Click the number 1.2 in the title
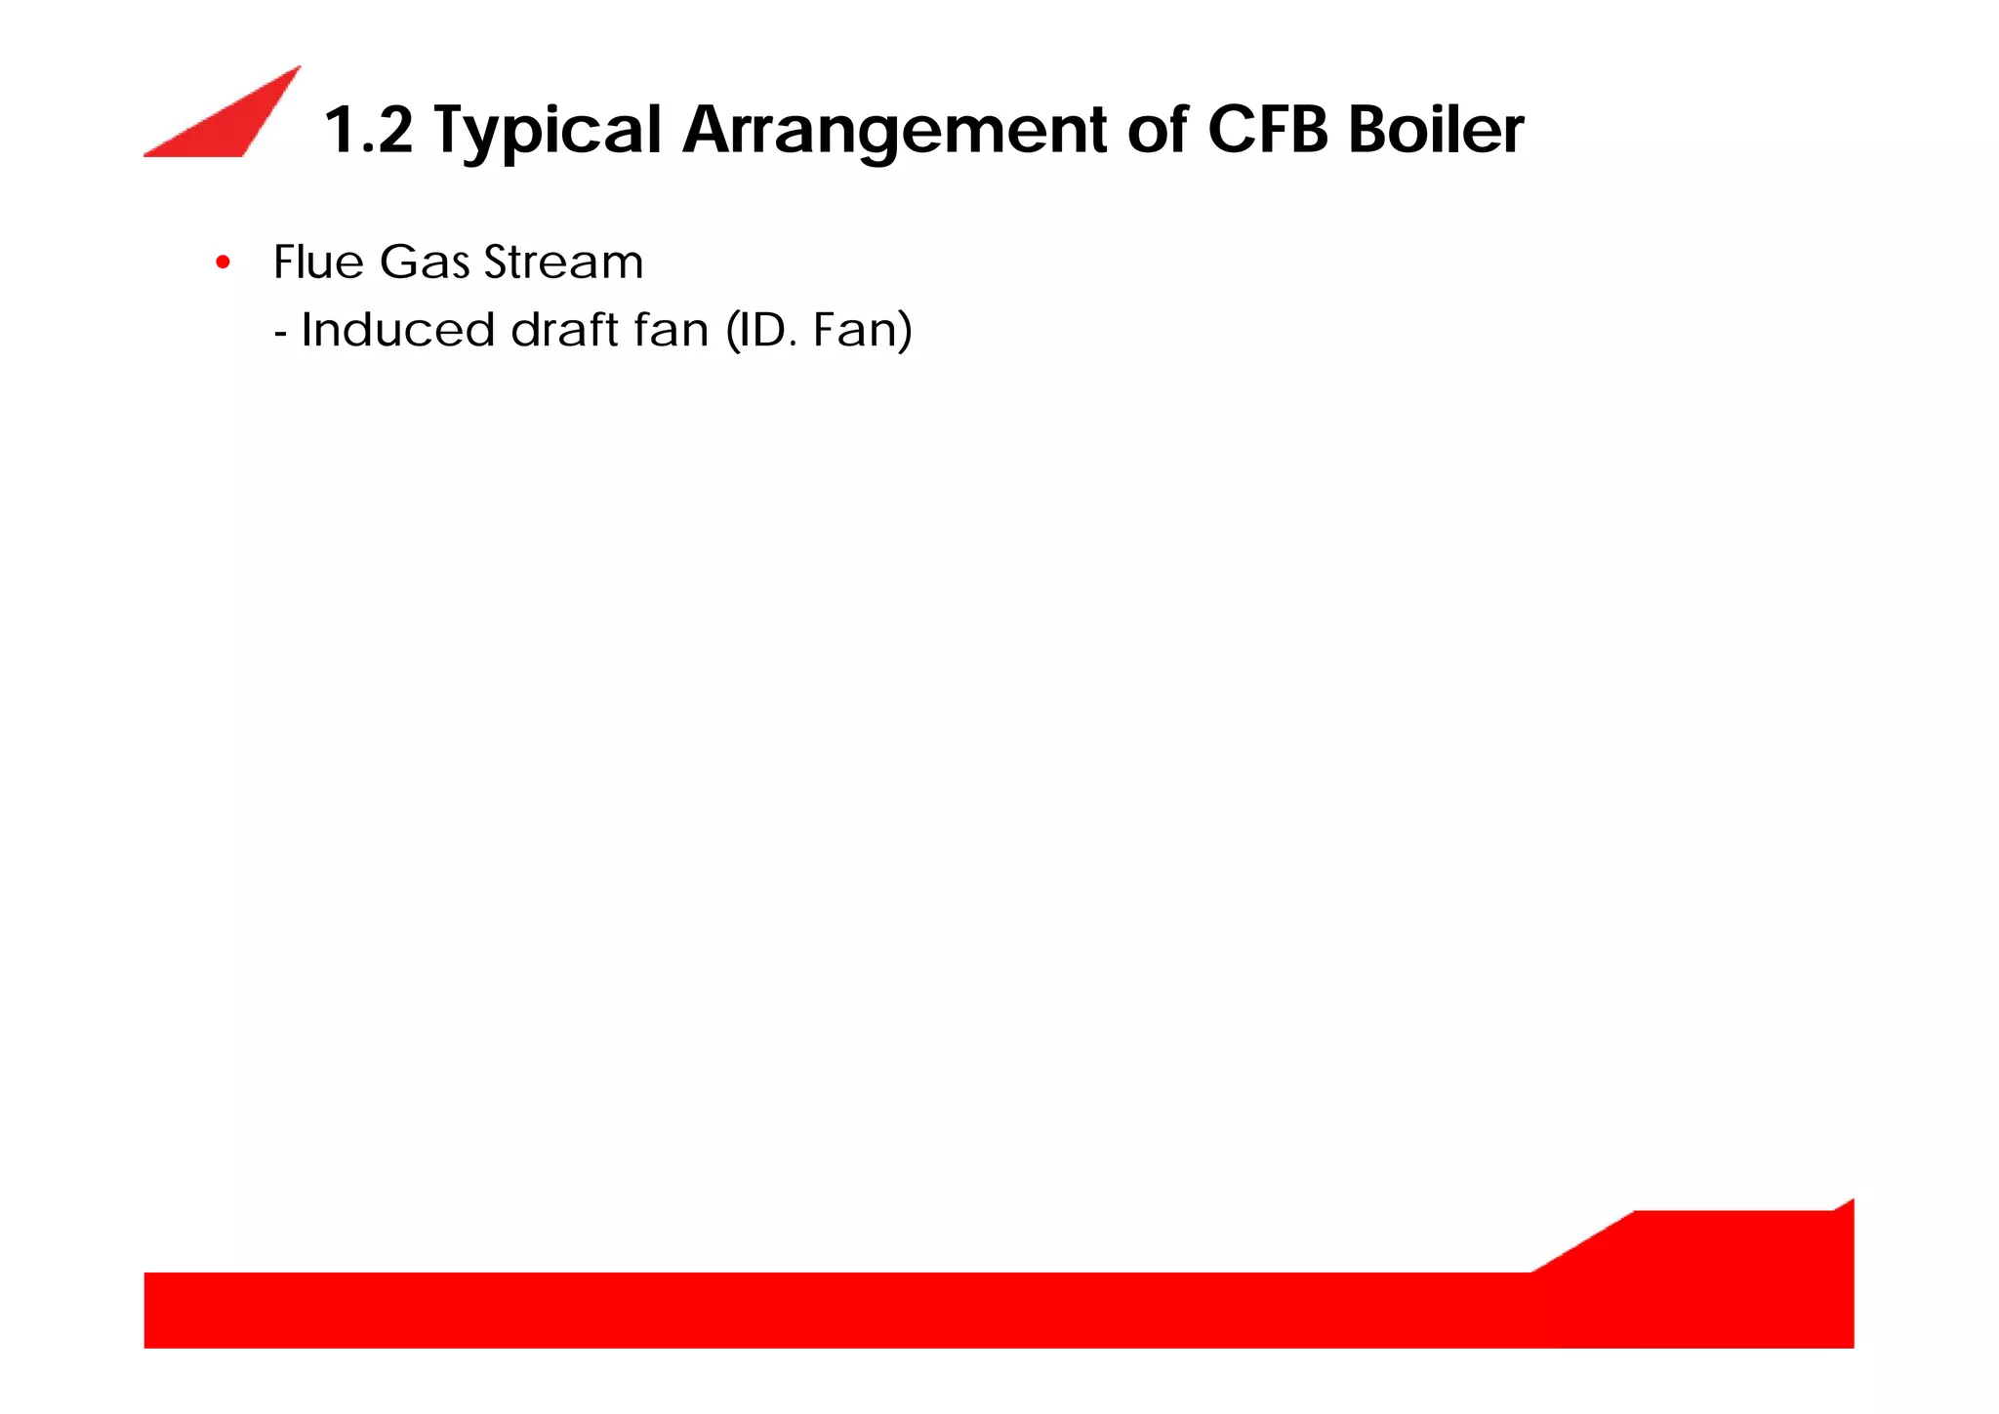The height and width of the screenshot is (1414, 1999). pos(368,130)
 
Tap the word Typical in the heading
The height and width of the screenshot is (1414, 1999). pos(547,132)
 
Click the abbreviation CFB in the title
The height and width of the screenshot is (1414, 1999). pos(1267,130)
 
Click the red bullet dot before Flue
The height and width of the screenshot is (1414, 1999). pos(223,263)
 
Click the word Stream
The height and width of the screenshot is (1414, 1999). pos(563,262)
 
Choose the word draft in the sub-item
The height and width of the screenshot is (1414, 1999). pos(564,330)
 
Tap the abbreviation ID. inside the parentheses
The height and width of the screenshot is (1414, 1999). pos(766,330)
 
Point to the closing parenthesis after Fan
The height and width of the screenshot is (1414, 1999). pos(905,330)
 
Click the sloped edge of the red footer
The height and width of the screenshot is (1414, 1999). pos(1582,1241)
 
